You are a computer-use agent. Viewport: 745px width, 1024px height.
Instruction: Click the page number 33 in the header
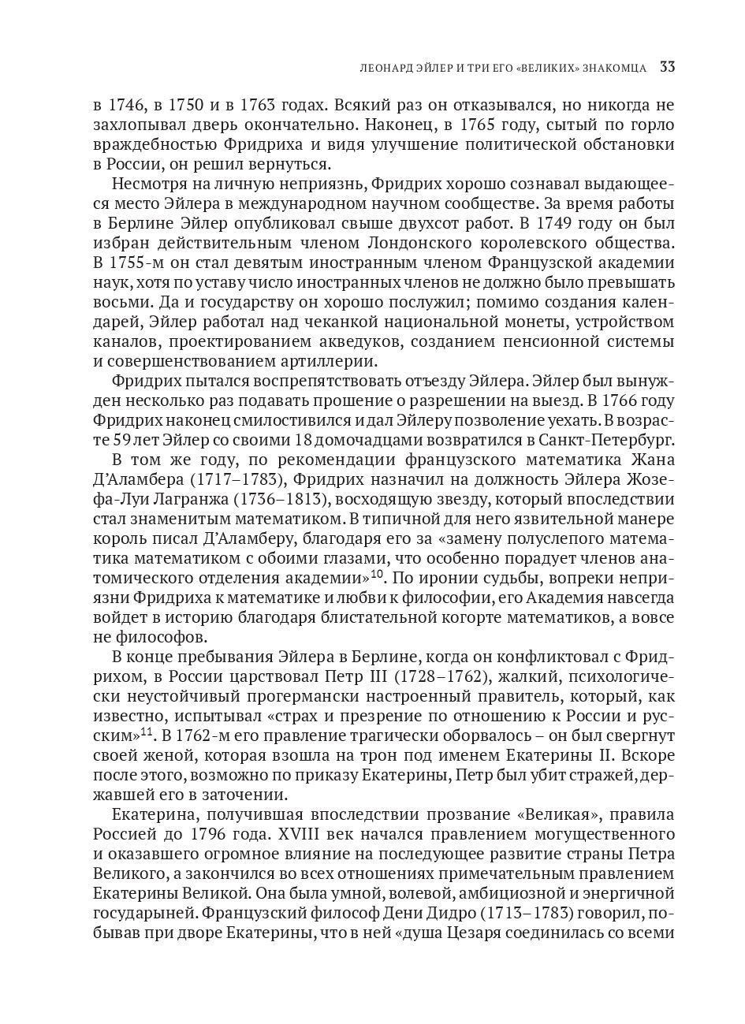[667, 67]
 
